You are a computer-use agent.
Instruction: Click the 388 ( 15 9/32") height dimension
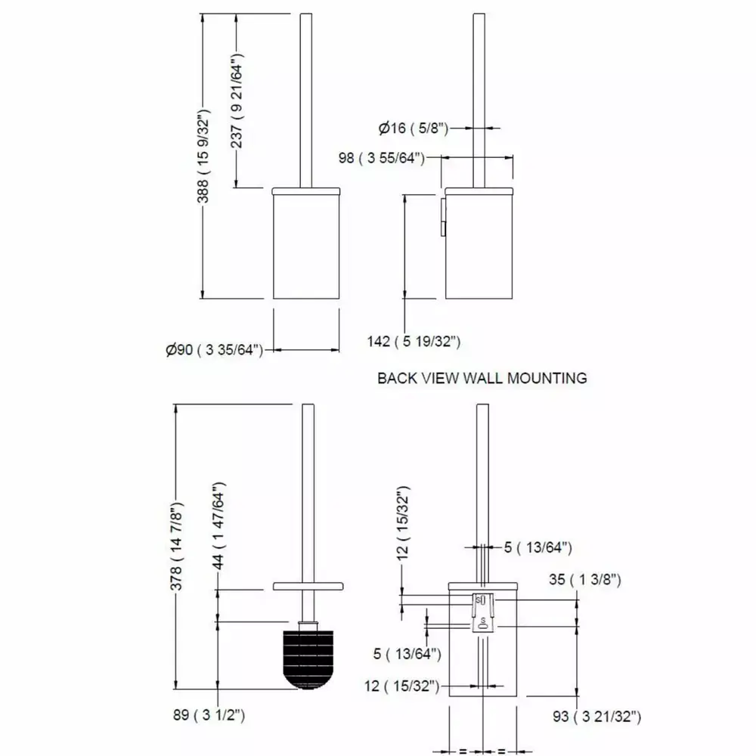pos(203,156)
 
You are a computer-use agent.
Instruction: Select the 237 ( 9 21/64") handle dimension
pos(237,100)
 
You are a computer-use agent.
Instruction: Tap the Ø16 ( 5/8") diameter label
pos(414,129)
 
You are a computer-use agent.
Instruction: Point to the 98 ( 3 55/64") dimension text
pos(381,158)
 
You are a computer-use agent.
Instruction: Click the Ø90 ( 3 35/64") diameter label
pos(215,349)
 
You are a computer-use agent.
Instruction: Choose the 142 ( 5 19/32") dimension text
pos(414,342)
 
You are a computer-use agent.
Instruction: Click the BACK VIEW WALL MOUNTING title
pos(482,378)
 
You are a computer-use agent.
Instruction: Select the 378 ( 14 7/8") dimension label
pos(176,546)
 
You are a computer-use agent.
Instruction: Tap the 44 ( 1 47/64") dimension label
pos(218,525)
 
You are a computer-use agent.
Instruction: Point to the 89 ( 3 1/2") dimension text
pos(209,714)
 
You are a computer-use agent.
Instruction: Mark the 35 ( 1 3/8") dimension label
pos(585,579)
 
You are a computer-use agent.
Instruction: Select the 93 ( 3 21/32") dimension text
pos(597,717)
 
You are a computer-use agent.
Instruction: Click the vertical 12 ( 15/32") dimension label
pos(403,523)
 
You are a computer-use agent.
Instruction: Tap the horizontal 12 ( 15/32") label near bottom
pos(402,686)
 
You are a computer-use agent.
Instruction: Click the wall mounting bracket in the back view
pos(483,612)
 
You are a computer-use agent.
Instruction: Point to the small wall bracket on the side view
pos(443,215)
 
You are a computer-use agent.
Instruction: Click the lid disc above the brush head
pos(308,587)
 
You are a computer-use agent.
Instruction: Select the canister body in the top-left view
pos(307,246)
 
